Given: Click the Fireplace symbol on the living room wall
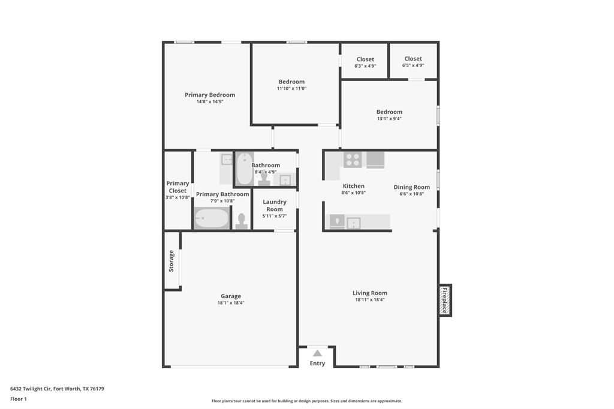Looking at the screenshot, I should coord(445,300).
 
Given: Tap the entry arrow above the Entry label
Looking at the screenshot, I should coord(317,353).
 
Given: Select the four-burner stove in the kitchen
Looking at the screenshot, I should coord(353,160).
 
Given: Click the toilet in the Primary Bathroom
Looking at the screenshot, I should coord(242,221).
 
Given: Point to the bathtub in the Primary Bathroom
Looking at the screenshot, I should coord(212,218).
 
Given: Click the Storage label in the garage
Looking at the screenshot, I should coord(171,261).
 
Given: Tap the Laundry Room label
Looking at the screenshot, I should coord(275,206).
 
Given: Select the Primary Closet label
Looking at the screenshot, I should coord(177,187).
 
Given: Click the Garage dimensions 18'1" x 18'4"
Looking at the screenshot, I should coord(231,303).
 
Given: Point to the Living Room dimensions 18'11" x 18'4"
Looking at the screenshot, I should coord(370,300).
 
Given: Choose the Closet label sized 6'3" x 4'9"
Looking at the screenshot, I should coord(365,59).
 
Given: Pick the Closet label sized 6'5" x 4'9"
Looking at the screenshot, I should coord(413,59).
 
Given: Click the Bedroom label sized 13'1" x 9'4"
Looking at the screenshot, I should coord(389,112).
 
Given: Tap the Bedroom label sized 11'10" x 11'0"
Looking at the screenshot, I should coord(291,82).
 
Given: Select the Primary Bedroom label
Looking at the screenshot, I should coord(210,95).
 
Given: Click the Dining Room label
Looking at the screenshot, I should coord(411,187).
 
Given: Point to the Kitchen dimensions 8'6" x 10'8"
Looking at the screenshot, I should coord(354,193).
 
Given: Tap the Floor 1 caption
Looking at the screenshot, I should coord(18,399).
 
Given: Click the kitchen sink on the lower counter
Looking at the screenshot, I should coord(353,222).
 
